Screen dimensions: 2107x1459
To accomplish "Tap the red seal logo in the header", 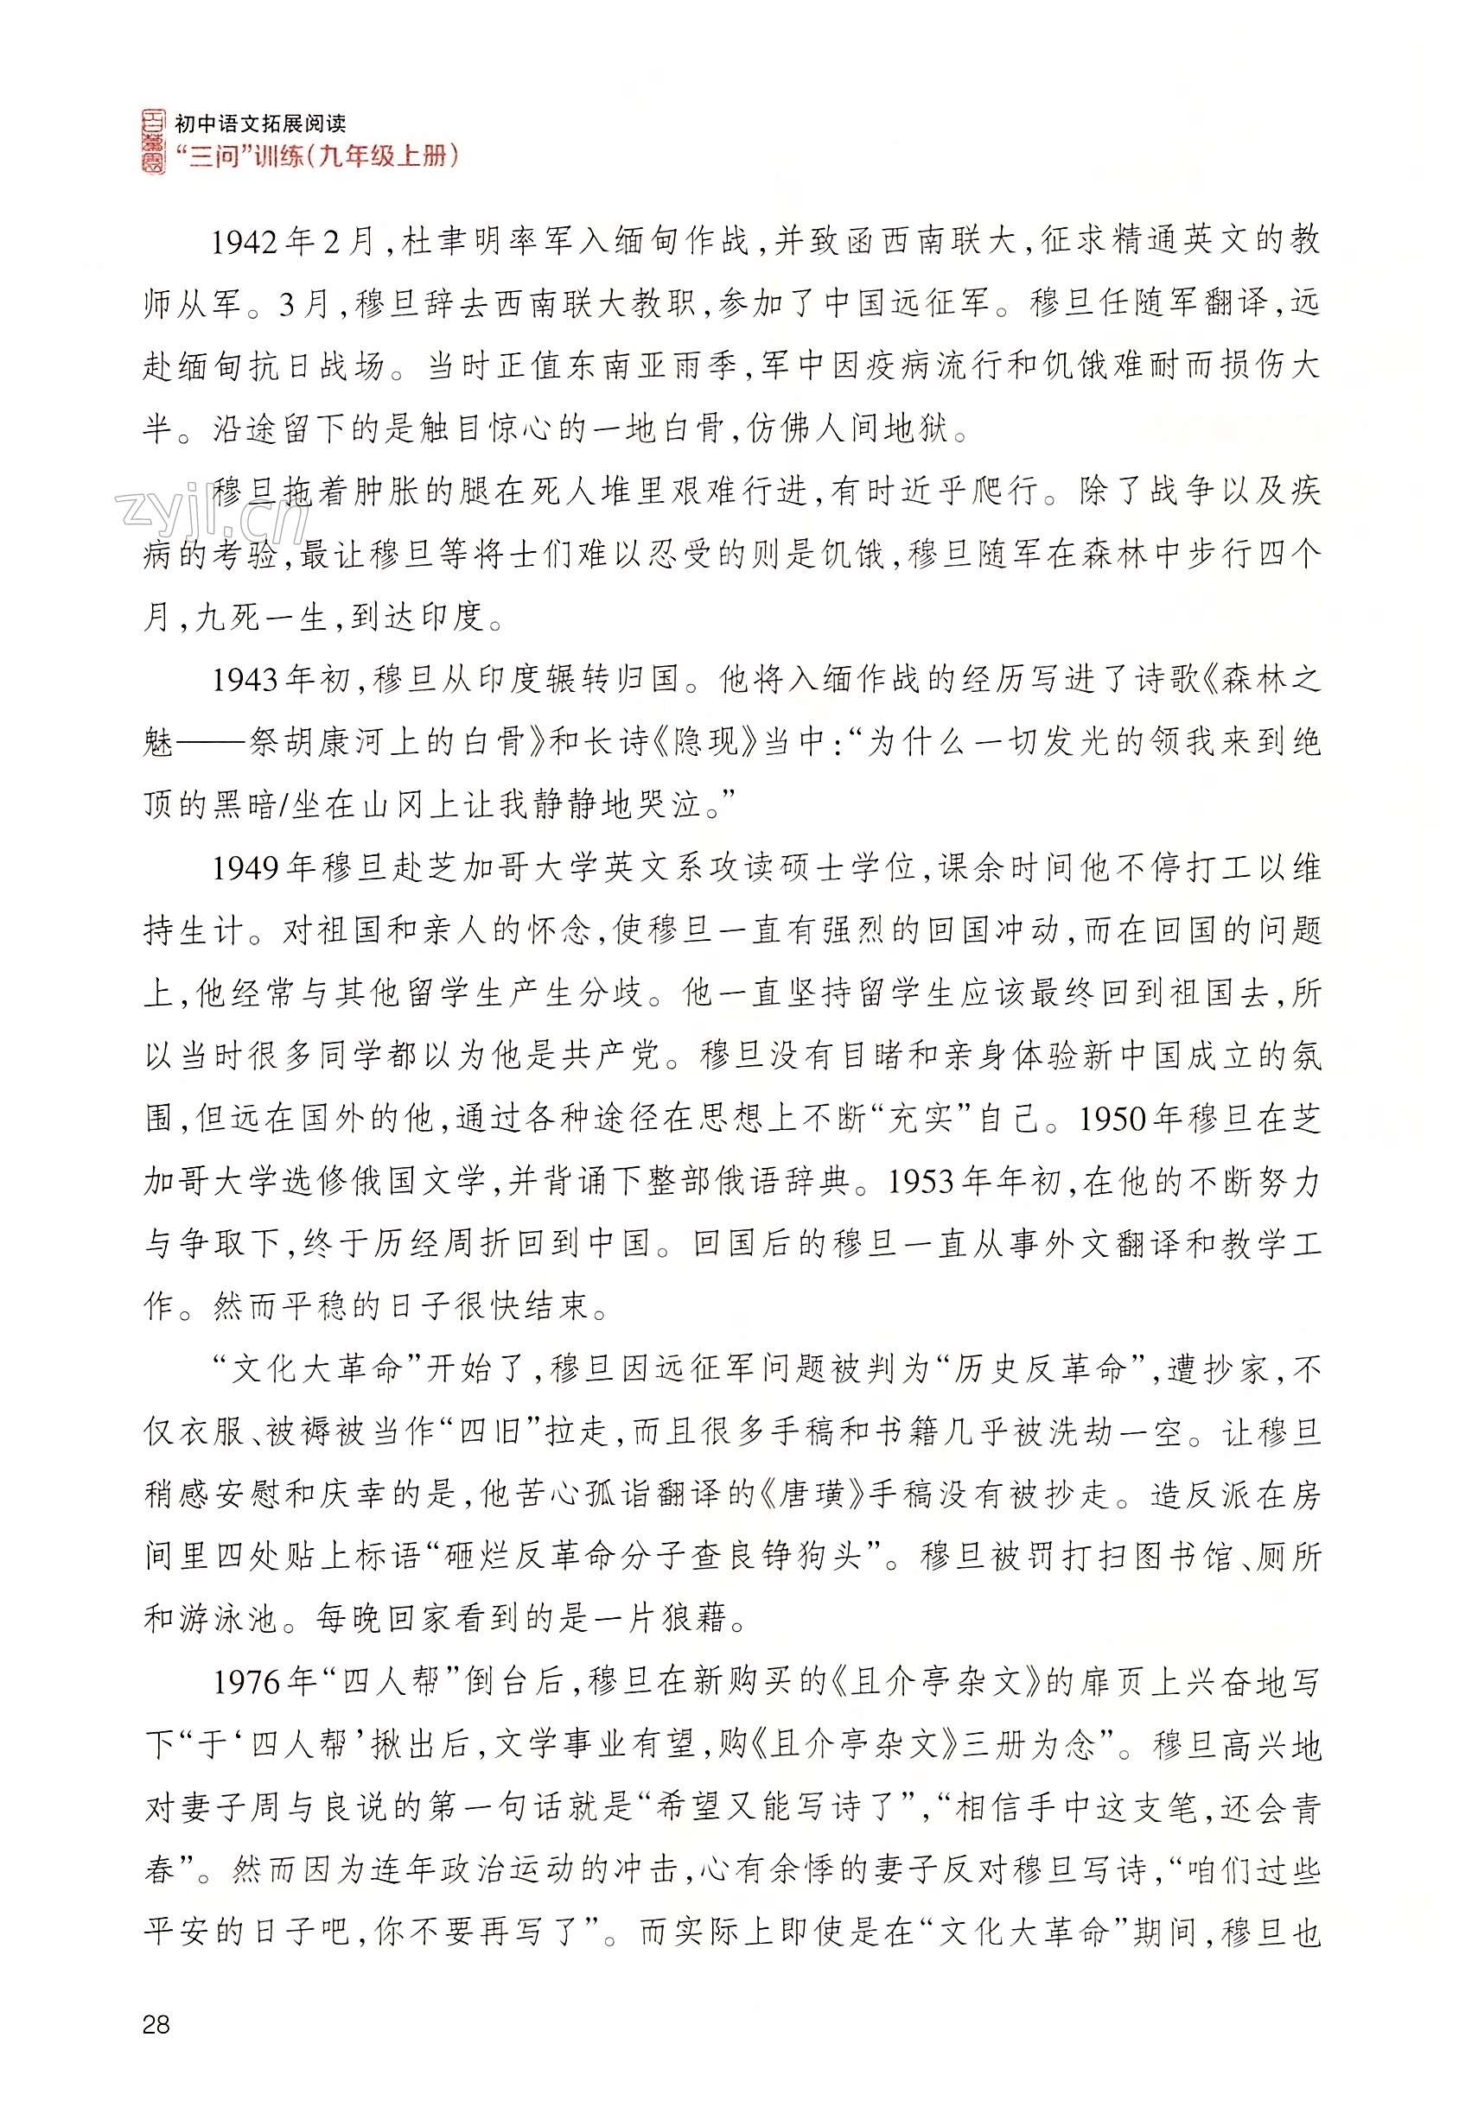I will [x=155, y=141].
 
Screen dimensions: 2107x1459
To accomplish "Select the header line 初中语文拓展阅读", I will [x=259, y=122].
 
